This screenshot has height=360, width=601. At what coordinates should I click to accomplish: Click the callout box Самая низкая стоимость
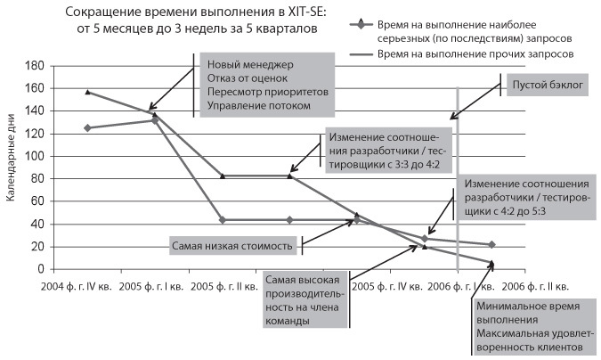(233, 243)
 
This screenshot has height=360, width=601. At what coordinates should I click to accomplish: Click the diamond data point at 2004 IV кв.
(86, 128)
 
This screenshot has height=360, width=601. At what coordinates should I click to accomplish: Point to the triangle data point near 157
(86, 92)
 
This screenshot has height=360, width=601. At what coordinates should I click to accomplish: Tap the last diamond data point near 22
(492, 244)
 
